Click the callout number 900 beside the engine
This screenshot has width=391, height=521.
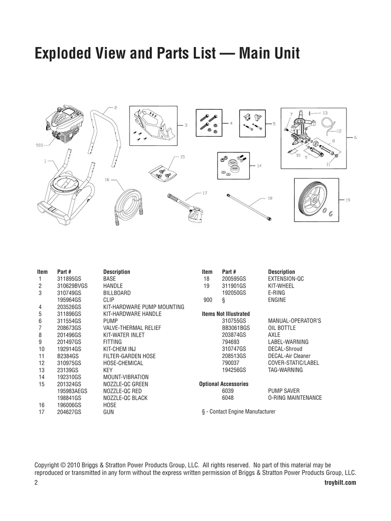pos(39,145)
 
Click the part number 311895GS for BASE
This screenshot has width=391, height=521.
pos(69,279)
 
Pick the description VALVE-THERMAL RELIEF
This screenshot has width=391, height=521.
pos(132,328)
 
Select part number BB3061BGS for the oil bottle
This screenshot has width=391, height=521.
pos(236,328)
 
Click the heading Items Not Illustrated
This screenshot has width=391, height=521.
pos(226,314)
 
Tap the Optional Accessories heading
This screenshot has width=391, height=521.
pos(224,384)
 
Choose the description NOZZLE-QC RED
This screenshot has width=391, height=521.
pos(122,391)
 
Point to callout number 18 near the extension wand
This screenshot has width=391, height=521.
pos(270,198)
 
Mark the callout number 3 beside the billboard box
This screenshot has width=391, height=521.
pos(186,125)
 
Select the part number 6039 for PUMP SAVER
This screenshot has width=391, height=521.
pos(228,391)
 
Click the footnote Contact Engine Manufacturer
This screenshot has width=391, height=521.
pos(243,411)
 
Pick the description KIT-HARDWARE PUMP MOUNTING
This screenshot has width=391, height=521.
pos(144,307)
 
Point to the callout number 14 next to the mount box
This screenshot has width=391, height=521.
pos(259,166)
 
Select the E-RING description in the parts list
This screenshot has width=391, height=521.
pos(276,293)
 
